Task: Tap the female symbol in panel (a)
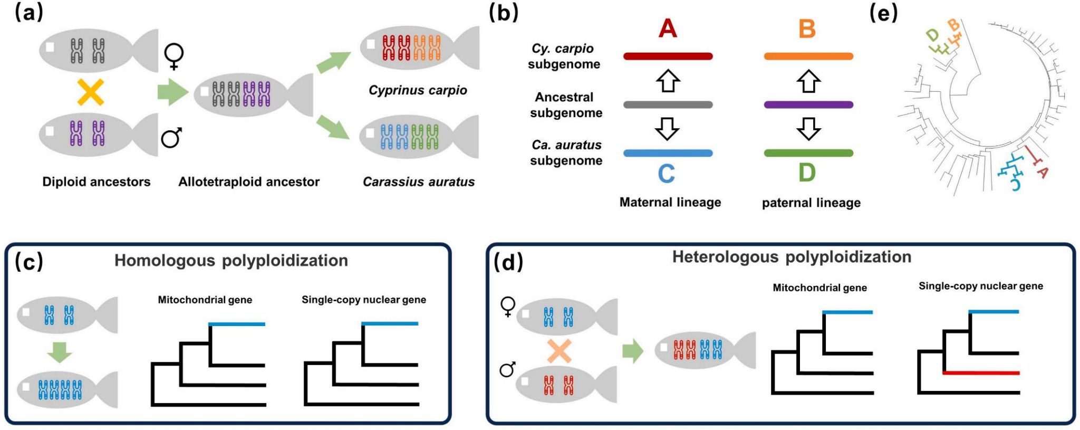coord(174,56)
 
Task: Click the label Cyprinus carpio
coord(418,90)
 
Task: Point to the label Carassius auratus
coord(418,182)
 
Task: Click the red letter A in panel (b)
coord(668,28)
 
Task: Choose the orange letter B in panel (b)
coord(807,29)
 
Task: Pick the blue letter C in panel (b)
coord(667,174)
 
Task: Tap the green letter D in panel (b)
coord(807,173)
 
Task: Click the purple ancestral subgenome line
coord(808,105)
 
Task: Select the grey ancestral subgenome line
coord(668,105)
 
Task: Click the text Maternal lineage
coord(670,202)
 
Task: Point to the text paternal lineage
coord(811,203)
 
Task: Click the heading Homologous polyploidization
coord(231,260)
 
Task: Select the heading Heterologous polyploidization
coord(792,257)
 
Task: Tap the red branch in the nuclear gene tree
coord(981,373)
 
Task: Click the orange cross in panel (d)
coord(559,351)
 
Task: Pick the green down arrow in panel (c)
coord(60,352)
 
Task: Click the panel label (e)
coord(883,13)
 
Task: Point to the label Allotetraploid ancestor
coord(249,182)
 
